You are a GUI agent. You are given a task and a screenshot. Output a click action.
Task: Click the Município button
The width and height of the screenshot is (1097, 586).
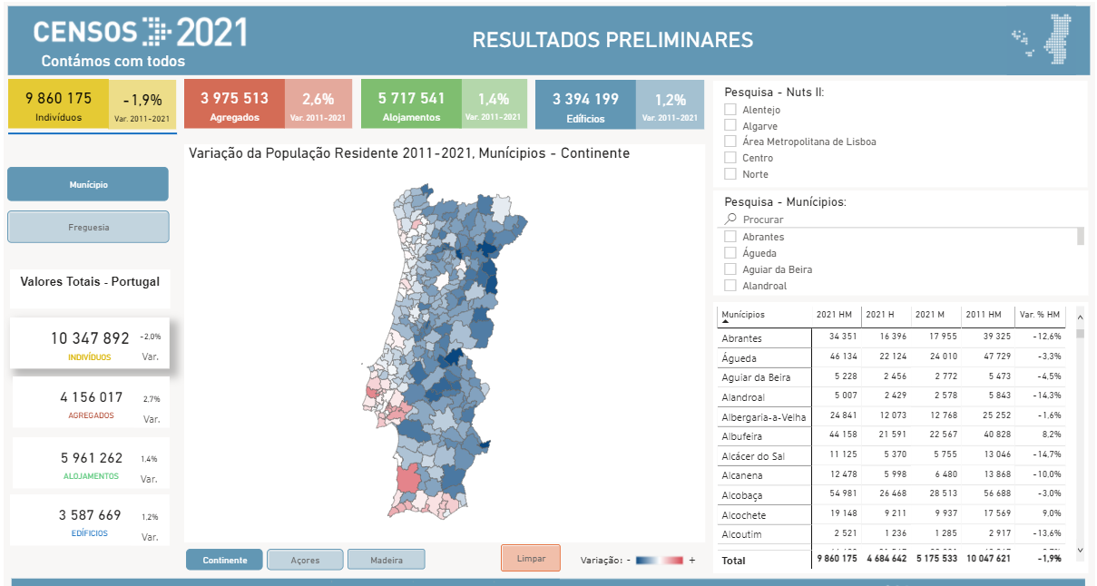[88, 184]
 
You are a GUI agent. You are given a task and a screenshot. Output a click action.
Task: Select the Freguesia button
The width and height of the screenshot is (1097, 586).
[88, 227]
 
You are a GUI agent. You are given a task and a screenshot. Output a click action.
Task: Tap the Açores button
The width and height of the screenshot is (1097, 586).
[305, 560]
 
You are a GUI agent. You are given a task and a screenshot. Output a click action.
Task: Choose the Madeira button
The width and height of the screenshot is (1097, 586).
[386, 560]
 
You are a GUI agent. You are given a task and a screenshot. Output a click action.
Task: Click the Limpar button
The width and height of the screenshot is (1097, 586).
[531, 558]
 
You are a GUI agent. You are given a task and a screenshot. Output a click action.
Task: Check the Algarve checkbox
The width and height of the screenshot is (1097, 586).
[730, 126]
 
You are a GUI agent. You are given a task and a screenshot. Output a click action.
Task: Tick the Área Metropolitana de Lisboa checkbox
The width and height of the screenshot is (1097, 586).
[730, 142]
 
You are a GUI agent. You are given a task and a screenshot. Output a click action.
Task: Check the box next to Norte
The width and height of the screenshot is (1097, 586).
[730, 174]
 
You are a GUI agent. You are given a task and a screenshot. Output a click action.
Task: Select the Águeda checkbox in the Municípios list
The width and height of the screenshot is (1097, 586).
[730, 253]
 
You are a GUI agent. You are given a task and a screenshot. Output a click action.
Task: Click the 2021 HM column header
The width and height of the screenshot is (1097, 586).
[834, 315]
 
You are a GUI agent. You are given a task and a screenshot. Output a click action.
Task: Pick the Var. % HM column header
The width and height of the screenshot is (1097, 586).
[1040, 315]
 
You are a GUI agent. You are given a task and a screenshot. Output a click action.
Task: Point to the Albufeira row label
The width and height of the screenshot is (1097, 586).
[741, 436]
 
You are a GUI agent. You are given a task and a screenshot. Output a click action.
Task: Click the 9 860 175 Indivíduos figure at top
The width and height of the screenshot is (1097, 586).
[59, 99]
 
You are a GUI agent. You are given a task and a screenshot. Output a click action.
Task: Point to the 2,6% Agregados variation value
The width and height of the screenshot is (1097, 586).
[318, 99]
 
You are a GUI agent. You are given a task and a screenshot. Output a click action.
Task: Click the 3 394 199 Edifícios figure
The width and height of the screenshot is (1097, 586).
[585, 99]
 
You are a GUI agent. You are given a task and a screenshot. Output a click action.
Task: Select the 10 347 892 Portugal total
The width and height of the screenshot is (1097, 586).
[90, 338]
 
